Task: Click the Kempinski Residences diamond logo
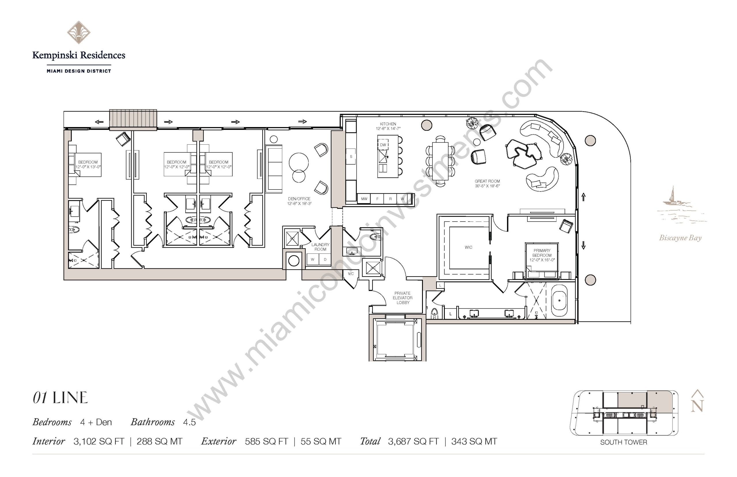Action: tap(79, 32)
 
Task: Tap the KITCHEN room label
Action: tap(388, 124)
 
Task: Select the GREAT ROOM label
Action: tap(487, 181)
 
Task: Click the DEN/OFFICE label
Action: tap(299, 199)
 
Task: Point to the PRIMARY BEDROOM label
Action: tap(542, 253)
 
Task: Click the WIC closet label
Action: tap(468, 247)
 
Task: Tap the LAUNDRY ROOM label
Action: tap(320, 247)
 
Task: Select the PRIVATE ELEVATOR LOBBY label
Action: tap(403, 298)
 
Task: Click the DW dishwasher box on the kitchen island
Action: tap(383, 145)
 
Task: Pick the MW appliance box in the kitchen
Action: tap(364, 199)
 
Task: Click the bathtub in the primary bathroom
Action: tap(560, 300)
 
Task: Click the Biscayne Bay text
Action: tap(680, 238)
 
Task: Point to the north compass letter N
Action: tap(697, 406)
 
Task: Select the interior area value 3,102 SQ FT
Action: tap(99, 441)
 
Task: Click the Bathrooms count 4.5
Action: tap(189, 422)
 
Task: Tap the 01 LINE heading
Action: tap(60, 398)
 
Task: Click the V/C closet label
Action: tap(351, 274)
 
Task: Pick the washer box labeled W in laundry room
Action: tap(313, 260)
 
